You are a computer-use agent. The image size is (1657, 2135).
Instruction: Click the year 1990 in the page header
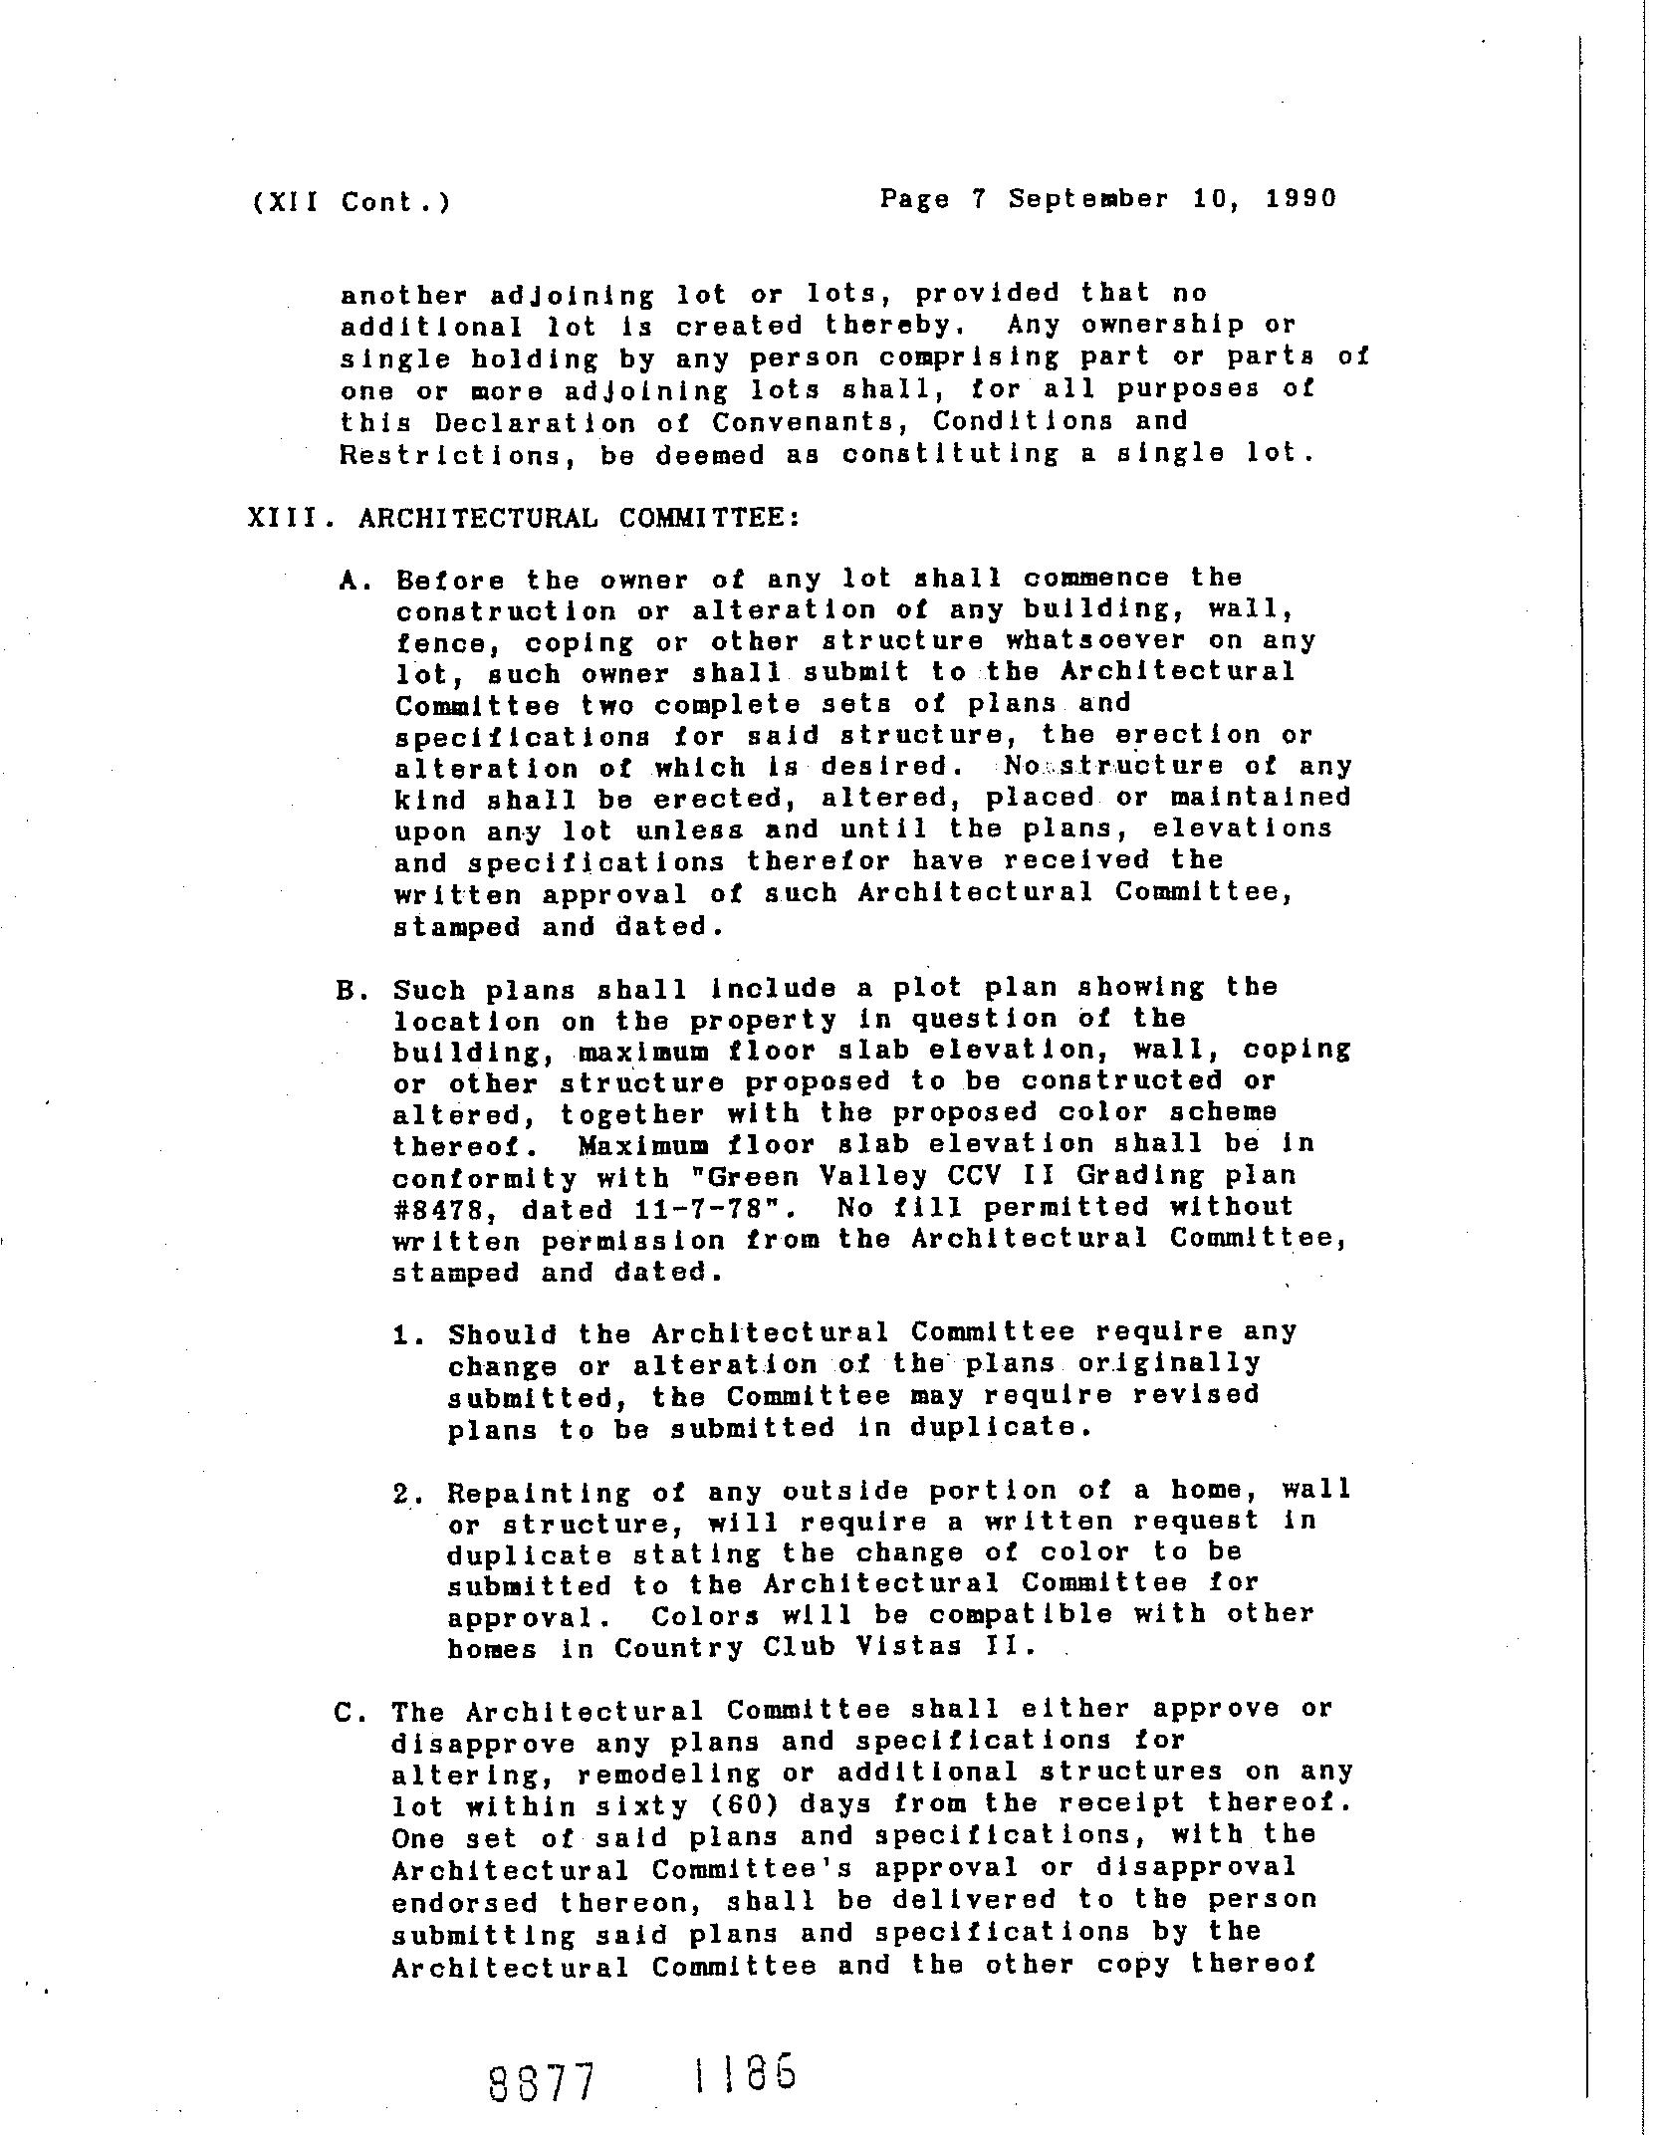[x=1301, y=198]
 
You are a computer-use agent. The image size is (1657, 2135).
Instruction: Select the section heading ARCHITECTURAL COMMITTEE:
[x=579, y=518]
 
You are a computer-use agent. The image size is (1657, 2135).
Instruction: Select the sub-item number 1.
[x=402, y=1334]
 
